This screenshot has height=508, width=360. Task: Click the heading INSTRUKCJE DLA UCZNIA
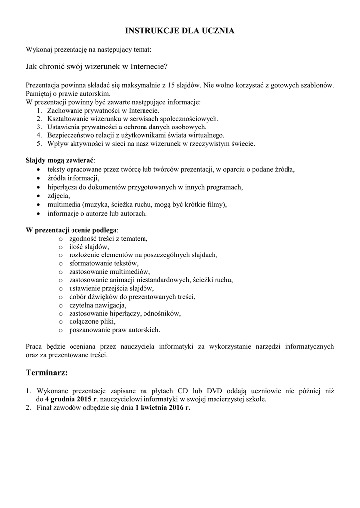pos(180,31)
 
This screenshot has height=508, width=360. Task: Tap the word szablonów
pos(316,85)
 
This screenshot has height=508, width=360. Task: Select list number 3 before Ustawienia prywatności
pos(39,127)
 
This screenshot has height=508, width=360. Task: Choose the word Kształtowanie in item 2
pos(68,119)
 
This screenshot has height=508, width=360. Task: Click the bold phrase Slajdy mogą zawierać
pos(60,161)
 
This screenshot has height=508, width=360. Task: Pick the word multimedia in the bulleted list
pos(64,205)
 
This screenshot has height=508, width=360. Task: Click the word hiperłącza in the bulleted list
pos(63,187)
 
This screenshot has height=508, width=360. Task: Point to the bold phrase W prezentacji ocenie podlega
pos(72,230)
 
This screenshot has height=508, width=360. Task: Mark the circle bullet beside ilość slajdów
pos(60,247)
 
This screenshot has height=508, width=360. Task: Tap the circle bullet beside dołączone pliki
pos(60,321)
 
